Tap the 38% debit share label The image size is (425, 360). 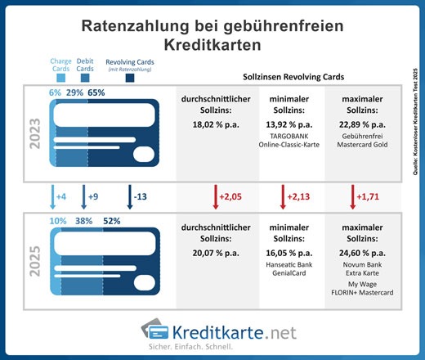tap(77, 220)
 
